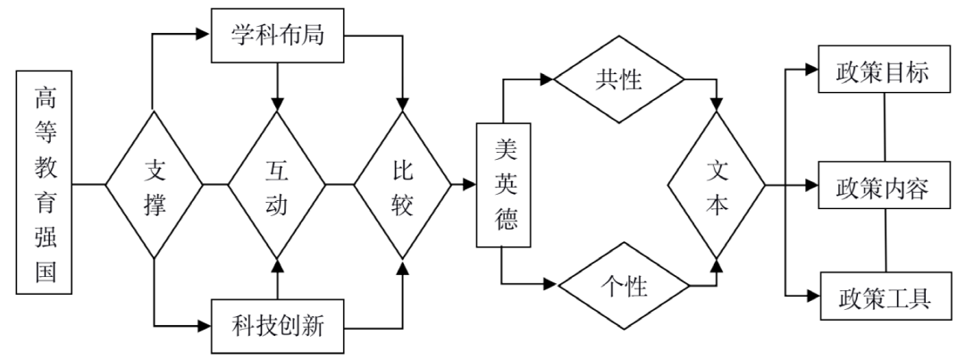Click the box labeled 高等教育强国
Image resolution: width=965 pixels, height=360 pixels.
tap(44, 185)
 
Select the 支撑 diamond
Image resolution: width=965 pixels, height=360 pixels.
tap(155, 186)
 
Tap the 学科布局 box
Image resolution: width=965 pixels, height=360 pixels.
tap(277, 38)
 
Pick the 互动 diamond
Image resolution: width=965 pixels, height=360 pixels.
tap(277, 186)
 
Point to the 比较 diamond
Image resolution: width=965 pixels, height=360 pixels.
tap(402, 186)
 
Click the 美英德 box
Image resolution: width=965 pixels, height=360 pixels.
tap(503, 185)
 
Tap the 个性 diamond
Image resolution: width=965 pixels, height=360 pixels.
tap(624, 288)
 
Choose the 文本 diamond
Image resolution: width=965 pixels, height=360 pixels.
tap(717, 186)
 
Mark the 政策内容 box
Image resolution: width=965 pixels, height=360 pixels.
tap(884, 187)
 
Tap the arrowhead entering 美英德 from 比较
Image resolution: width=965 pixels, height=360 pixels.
tap(468, 186)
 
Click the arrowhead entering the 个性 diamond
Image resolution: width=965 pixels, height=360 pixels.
tap(550, 288)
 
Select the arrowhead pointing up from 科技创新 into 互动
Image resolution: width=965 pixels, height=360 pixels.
tap(277, 265)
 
